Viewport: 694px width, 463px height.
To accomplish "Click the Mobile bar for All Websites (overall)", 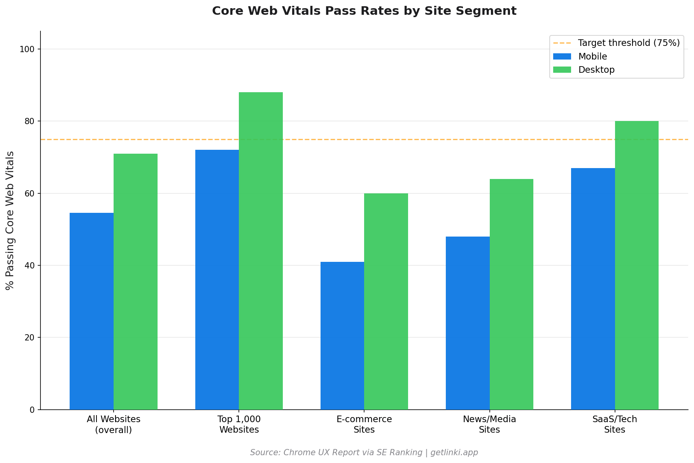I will pyautogui.click(x=91, y=311).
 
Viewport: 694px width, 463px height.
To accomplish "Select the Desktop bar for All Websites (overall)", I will pyautogui.click(x=135, y=282).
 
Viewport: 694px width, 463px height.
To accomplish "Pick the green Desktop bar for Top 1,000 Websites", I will pyautogui.click(x=261, y=251).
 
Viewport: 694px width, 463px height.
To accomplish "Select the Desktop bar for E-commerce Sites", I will pyautogui.click(x=386, y=302).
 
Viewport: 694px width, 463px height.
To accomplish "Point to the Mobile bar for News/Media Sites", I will pyautogui.click(x=468, y=323).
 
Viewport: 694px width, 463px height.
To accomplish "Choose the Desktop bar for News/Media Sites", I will pyautogui.click(x=511, y=294).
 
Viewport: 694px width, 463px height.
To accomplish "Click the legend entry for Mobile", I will pyautogui.click(x=592, y=56).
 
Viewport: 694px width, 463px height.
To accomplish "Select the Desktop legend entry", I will pyautogui.click(x=596, y=70).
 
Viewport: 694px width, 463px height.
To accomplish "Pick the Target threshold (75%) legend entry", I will pyautogui.click(x=629, y=43).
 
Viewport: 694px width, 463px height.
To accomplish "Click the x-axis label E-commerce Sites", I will pyautogui.click(x=364, y=424).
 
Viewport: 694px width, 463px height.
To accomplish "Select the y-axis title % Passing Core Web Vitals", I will pyautogui.click(x=10, y=220).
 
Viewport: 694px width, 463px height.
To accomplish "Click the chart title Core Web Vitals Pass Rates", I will pyautogui.click(x=364, y=11).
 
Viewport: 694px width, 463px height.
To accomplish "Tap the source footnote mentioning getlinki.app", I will pyautogui.click(x=364, y=452).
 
